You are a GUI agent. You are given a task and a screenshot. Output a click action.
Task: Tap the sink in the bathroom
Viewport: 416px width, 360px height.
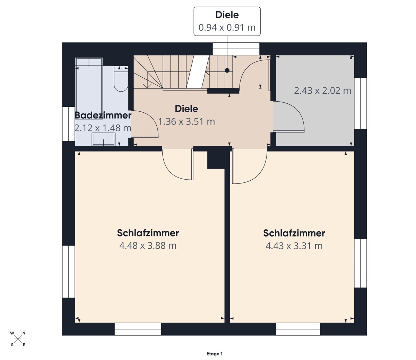(x=103, y=139)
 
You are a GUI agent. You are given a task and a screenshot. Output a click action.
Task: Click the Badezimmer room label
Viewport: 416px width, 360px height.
(x=103, y=115)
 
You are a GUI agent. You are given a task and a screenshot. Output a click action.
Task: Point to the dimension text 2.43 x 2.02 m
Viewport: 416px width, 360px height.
(x=322, y=91)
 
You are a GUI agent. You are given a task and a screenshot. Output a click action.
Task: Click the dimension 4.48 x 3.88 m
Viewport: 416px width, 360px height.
(x=148, y=246)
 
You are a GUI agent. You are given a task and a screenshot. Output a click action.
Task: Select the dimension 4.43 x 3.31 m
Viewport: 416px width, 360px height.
(x=294, y=246)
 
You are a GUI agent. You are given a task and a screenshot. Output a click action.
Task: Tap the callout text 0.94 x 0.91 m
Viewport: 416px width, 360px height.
(x=227, y=27)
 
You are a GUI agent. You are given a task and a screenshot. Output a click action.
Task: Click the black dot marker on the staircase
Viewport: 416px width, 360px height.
(x=227, y=70)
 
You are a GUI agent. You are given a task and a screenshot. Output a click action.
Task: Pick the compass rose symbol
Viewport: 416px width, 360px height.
(x=18, y=339)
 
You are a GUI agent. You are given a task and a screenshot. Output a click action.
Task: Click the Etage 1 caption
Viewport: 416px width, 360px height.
(x=214, y=354)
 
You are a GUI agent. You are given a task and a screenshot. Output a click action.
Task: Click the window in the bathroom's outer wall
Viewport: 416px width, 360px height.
(x=68, y=124)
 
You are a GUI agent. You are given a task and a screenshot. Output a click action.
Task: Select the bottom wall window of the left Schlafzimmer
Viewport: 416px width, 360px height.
(x=138, y=329)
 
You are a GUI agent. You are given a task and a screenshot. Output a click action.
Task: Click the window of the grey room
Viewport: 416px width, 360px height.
(x=361, y=103)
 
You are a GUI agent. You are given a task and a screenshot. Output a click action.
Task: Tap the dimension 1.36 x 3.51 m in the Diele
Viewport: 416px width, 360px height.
(x=187, y=122)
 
